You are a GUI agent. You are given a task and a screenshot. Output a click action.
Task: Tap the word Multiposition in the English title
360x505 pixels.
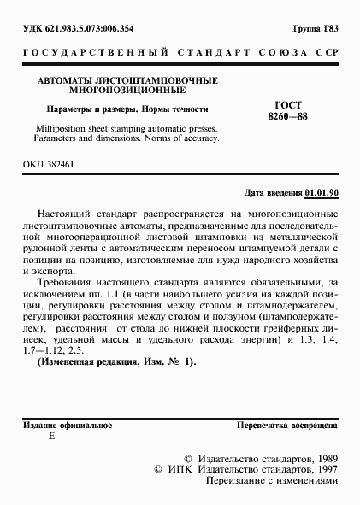coord(64,126)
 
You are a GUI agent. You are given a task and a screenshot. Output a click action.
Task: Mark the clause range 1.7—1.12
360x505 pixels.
coord(45,349)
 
